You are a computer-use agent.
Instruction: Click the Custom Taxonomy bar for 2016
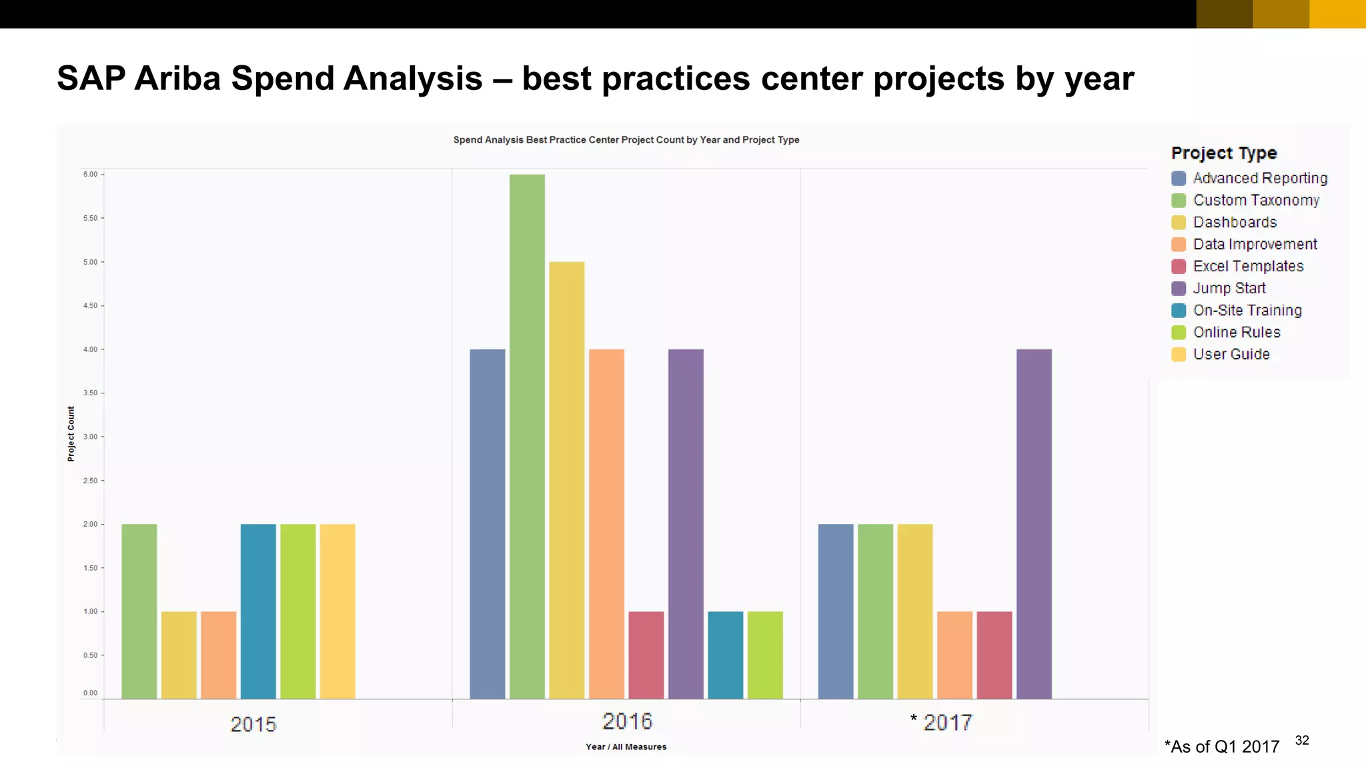click(x=527, y=437)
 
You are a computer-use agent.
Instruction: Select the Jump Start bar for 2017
click(x=1034, y=524)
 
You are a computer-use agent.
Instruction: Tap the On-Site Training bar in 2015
click(x=258, y=611)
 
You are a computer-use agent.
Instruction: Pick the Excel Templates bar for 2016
click(x=646, y=655)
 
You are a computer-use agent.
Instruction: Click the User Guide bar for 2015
click(x=337, y=611)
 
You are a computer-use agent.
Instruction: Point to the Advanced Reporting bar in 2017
click(x=835, y=611)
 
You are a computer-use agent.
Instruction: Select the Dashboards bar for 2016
click(x=567, y=480)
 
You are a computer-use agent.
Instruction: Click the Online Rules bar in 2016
click(x=765, y=655)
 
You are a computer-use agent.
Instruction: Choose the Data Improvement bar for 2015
click(x=219, y=655)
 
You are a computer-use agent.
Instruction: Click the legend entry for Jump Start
click(x=1229, y=288)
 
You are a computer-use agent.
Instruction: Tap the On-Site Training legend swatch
click(x=1179, y=311)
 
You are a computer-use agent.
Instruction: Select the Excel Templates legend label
click(x=1248, y=266)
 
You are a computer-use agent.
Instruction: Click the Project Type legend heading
click(x=1224, y=153)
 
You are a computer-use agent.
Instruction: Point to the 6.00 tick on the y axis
click(x=90, y=175)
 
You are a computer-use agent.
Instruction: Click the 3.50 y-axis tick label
click(x=90, y=393)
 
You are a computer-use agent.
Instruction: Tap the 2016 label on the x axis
click(x=627, y=721)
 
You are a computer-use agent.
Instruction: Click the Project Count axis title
click(x=71, y=434)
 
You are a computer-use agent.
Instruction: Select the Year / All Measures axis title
click(x=626, y=747)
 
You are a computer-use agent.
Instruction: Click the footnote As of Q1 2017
click(x=1222, y=747)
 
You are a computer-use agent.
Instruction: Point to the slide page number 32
click(x=1302, y=740)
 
